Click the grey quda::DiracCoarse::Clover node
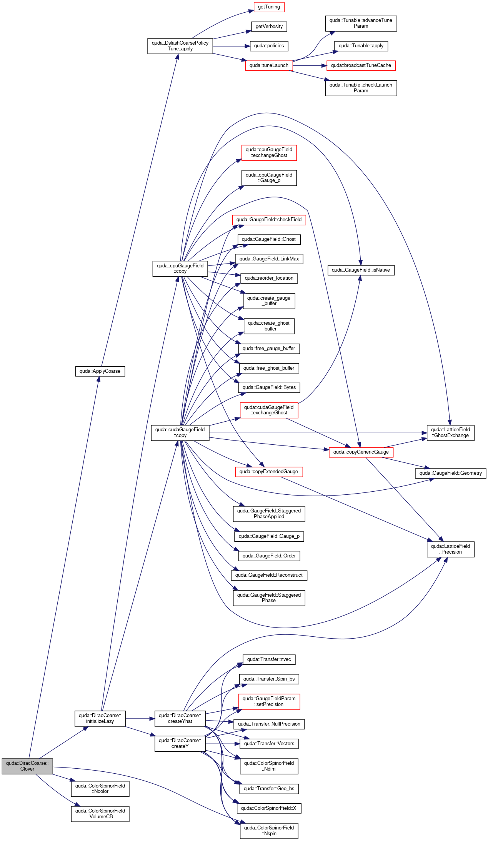click(x=27, y=766)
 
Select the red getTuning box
click(x=269, y=7)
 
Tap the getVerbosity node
click(x=269, y=27)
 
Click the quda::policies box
click(x=269, y=46)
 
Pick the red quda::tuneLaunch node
click(x=269, y=65)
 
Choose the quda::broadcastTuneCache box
click(x=361, y=65)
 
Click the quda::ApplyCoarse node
click(x=100, y=371)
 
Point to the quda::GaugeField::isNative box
click(x=361, y=270)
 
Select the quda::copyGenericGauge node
click(x=361, y=452)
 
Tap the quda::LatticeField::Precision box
click(x=450, y=549)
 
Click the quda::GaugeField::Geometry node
click(x=450, y=473)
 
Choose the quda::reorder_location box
click(x=269, y=278)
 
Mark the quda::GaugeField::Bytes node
click(x=269, y=387)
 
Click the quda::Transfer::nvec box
click(x=269, y=659)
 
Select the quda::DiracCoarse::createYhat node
click(x=180, y=718)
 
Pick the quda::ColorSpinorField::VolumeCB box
click(x=100, y=814)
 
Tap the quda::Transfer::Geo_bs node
click(x=269, y=789)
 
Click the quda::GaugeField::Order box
click(x=269, y=556)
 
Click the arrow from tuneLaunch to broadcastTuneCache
click(x=310, y=66)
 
